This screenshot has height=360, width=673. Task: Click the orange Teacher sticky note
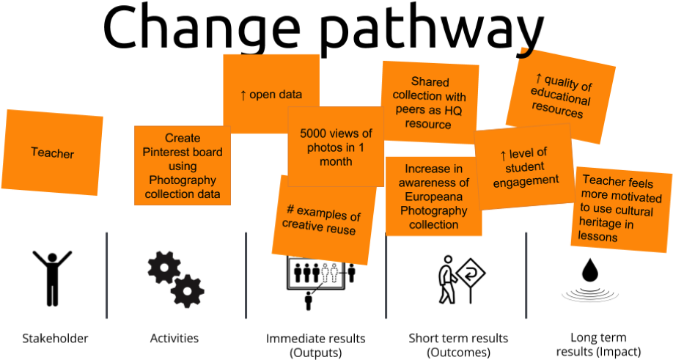click(53, 153)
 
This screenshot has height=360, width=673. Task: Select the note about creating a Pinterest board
click(182, 166)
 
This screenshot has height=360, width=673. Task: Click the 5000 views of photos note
click(336, 147)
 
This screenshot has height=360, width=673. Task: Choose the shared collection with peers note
click(430, 103)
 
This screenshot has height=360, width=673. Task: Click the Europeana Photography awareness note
click(433, 196)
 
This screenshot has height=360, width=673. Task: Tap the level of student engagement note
click(525, 167)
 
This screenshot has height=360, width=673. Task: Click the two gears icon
click(174, 278)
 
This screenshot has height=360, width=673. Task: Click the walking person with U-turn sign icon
click(455, 277)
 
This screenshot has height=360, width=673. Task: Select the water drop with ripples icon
click(586, 277)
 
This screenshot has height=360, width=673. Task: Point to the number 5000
click(315, 133)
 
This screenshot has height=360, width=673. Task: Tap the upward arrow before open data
click(243, 95)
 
